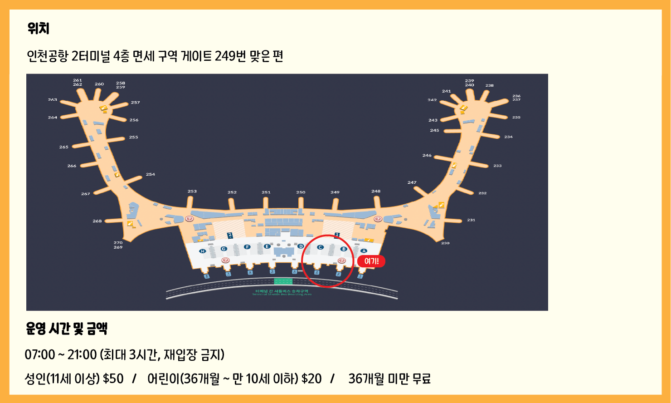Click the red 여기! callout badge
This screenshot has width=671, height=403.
pyautogui.click(x=371, y=261)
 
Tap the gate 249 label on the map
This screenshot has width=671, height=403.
pyautogui.click(x=335, y=192)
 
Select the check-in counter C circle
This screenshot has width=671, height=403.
pyautogui.click(x=320, y=247)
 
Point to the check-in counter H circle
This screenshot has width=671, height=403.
pyautogui.click(x=203, y=251)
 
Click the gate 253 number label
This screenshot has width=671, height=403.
pyautogui.click(x=192, y=192)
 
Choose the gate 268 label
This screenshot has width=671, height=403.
pyautogui.click(x=97, y=221)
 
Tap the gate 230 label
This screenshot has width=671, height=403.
pyautogui.click(x=445, y=243)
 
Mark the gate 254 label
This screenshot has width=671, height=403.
pyautogui.click(x=151, y=174)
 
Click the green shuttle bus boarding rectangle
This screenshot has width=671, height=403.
pyautogui.click(x=283, y=281)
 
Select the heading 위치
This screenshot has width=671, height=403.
pyautogui.click(x=39, y=29)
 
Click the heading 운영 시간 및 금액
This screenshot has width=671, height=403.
pyautogui.click(x=67, y=329)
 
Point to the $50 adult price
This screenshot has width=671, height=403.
pyautogui.click(x=113, y=378)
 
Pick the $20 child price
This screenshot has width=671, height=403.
pyautogui.click(x=311, y=378)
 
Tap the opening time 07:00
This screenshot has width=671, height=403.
pyautogui.click(x=40, y=354)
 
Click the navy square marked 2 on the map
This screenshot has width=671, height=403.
pyautogui.click(x=230, y=235)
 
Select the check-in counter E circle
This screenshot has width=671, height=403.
pyautogui.click(x=267, y=246)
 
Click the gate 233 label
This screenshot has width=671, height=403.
pyautogui.click(x=497, y=166)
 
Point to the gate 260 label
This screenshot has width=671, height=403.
pyautogui.click(x=99, y=84)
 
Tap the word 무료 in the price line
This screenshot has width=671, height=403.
pyautogui.click(x=421, y=378)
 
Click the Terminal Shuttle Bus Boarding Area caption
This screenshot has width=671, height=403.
pyautogui.click(x=282, y=293)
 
